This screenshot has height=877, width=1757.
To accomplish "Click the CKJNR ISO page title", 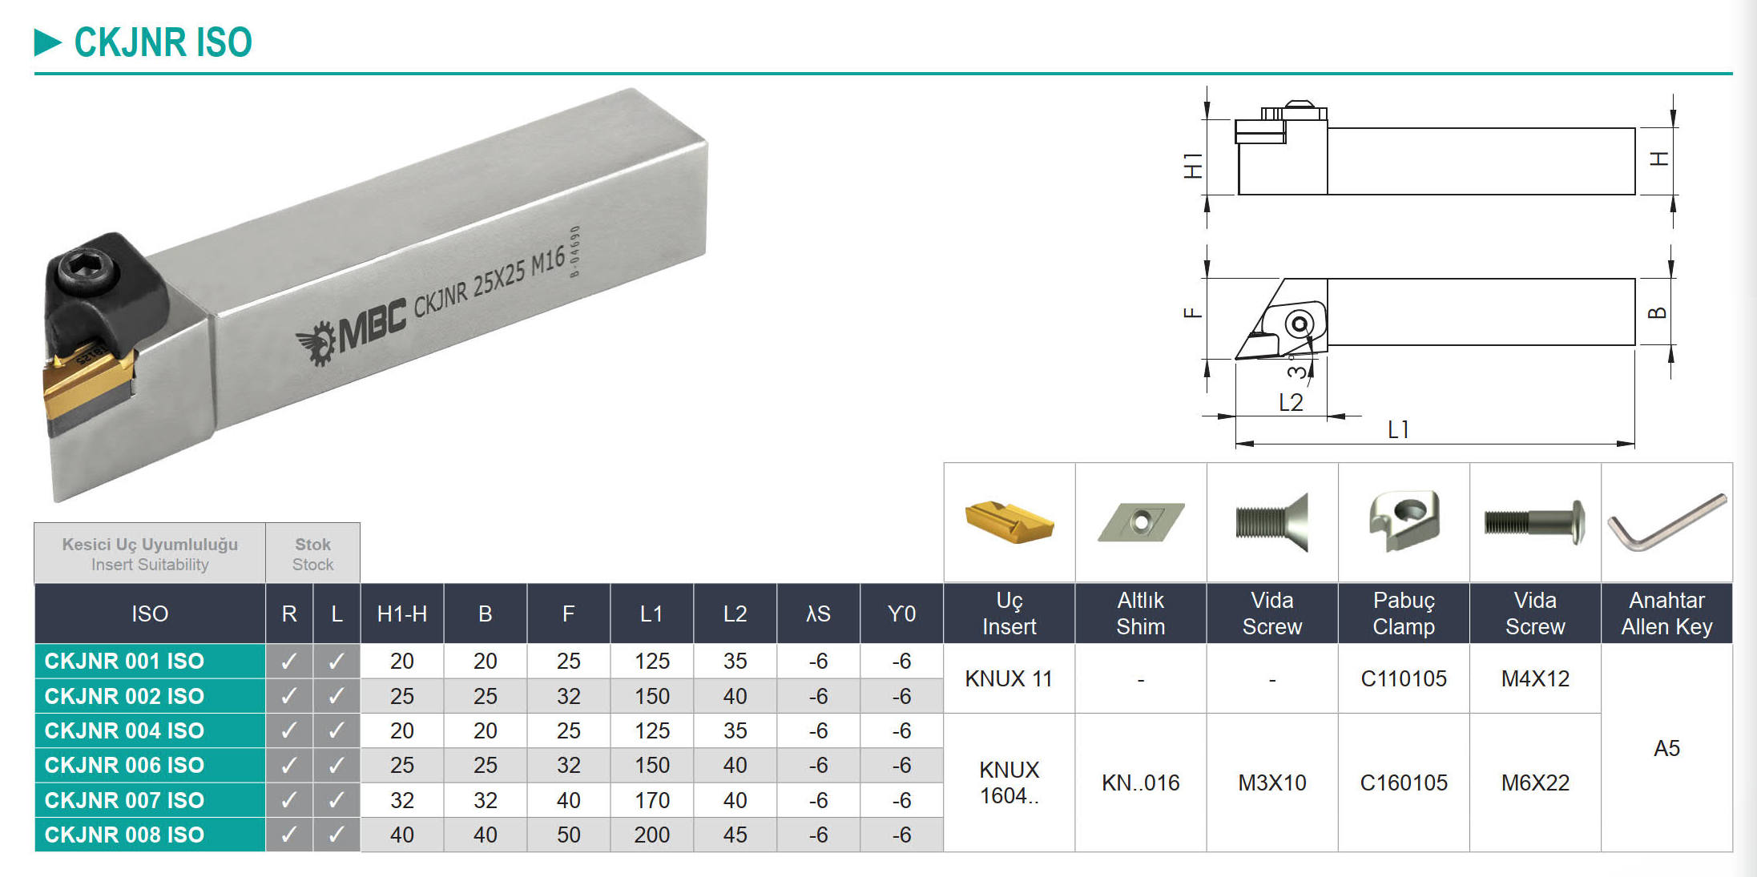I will [x=163, y=42].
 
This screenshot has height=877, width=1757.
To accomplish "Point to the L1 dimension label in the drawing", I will [x=1398, y=430].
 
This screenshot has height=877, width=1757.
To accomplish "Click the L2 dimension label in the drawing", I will [x=1291, y=403].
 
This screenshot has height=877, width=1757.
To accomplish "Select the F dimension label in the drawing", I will [x=1192, y=312].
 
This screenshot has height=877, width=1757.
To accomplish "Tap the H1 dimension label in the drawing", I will [x=1192, y=165].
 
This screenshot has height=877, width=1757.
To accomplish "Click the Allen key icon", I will [x=1666, y=523].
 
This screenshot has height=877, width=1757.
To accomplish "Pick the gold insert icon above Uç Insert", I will [x=1009, y=522].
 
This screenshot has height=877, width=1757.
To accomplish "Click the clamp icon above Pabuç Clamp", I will [x=1404, y=521].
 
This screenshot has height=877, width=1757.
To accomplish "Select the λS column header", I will [x=818, y=614].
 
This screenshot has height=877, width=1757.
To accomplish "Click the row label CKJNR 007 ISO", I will [x=125, y=800].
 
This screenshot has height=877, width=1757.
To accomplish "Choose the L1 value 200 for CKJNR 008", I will [x=651, y=835].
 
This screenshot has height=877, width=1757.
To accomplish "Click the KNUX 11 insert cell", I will [x=1009, y=679].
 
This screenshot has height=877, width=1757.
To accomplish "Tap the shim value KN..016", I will [x=1140, y=782].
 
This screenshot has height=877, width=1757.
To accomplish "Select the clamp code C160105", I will [x=1404, y=782].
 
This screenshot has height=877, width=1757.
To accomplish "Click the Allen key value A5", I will [x=1666, y=748].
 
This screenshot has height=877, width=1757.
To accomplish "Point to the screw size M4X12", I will [x=1535, y=679].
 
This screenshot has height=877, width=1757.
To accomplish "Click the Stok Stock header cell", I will [x=312, y=553].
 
